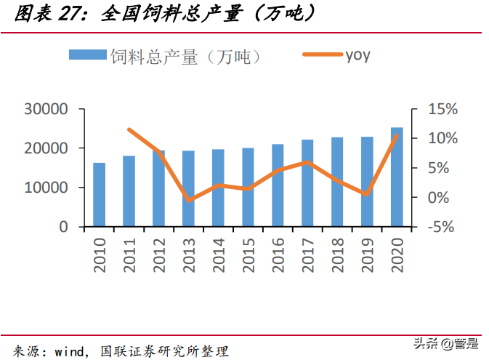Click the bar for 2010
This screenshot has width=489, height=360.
coord(99,195)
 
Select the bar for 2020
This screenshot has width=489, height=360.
coord(397,177)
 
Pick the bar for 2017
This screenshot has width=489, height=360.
coord(307,183)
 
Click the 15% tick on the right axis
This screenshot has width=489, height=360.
coord(442,109)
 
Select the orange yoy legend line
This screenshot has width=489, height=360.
coord(322,55)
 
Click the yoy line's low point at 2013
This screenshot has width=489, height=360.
coord(189,200)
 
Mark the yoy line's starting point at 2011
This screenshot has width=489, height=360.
coord(129,129)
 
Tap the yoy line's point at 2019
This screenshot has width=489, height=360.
coord(367,194)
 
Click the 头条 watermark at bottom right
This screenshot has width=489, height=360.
coord(421,343)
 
